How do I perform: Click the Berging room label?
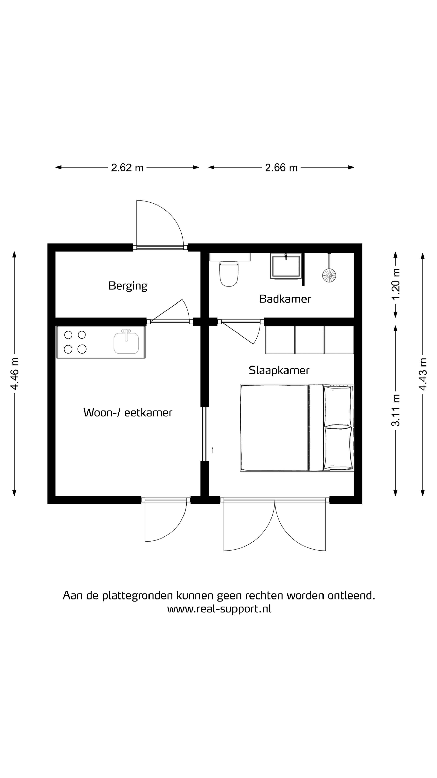pyautogui.click(x=128, y=286)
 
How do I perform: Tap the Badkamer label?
pyautogui.click(x=285, y=299)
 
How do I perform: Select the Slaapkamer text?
pyautogui.click(x=279, y=371)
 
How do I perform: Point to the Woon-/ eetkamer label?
pyautogui.click(x=128, y=413)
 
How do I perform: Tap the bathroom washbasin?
pyautogui.click(x=286, y=266)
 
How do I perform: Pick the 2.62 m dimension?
pyautogui.click(x=127, y=168)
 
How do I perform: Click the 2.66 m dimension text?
pyautogui.click(x=281, y=168)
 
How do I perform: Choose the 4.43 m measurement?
pyautogui.click(x=423, y=374)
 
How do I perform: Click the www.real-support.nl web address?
pyautogui.click(x=219, y=609)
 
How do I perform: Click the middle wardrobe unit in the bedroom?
pyautogui.click(x=309, y=340)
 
